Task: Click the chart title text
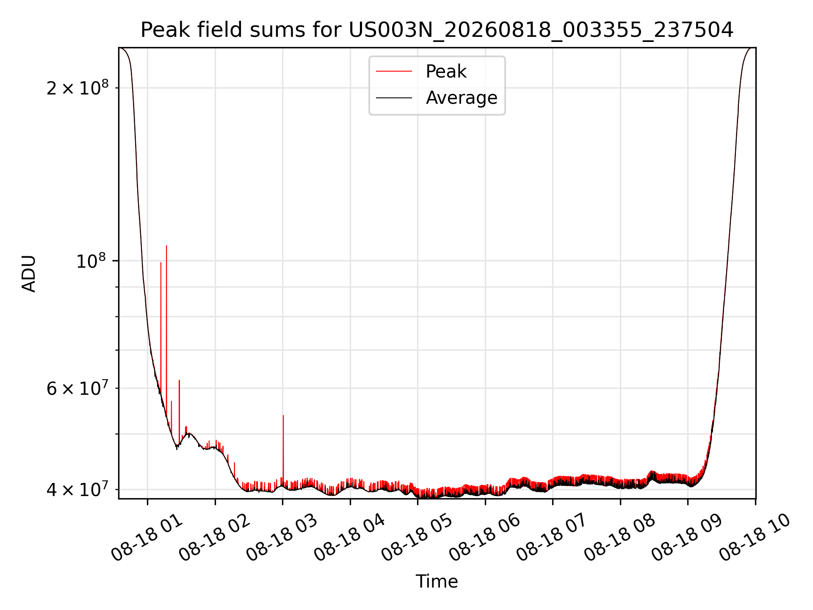(x=437, y=30)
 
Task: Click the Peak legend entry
(x=446, y=71)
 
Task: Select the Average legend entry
(x=462, y=97)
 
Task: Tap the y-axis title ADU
(x=29, y=273)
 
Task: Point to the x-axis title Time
(x=437, y=581)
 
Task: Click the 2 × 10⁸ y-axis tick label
(x=77, y=88)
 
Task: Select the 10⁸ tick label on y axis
(x=92, y=261)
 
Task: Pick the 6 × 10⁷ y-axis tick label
(x=77, y=388)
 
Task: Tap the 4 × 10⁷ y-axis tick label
(x=77, y=489)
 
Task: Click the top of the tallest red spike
(x=166, y=246)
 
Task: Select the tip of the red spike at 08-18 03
(x=283, y=416)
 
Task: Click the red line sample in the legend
(x=394, y=71)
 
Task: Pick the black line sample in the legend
(x=394, y=98)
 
